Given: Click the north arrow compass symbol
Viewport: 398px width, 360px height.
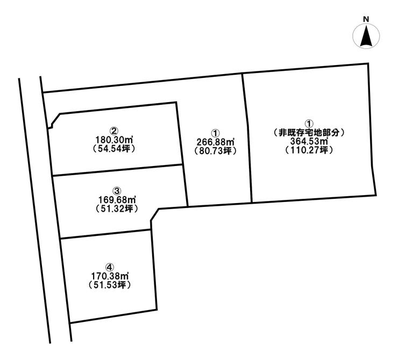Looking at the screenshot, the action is [366, 35].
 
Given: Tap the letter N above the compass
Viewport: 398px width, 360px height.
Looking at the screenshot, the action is [366, 19].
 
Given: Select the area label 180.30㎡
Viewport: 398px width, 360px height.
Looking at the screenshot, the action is [115, 140].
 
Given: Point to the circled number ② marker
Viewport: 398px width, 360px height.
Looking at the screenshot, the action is [114, 131].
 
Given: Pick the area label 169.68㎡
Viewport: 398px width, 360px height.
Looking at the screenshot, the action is [118, 200].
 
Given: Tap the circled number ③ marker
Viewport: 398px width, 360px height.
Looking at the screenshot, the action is [117, 191].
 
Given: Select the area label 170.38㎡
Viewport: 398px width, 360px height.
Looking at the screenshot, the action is [110, 276].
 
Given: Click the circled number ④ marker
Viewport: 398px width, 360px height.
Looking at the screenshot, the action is [110, 267].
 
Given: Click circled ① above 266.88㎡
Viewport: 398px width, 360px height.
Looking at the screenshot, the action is [216, 133].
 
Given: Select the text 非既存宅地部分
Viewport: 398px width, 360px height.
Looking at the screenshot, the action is [309, 132].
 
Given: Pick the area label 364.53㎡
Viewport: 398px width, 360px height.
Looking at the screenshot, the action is [309, 141].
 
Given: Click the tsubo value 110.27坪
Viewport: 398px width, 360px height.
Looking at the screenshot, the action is [309, 150].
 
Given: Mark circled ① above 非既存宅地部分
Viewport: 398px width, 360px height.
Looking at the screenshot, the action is [309, 124].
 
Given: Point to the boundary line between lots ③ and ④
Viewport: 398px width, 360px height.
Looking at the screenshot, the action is [105, 234].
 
